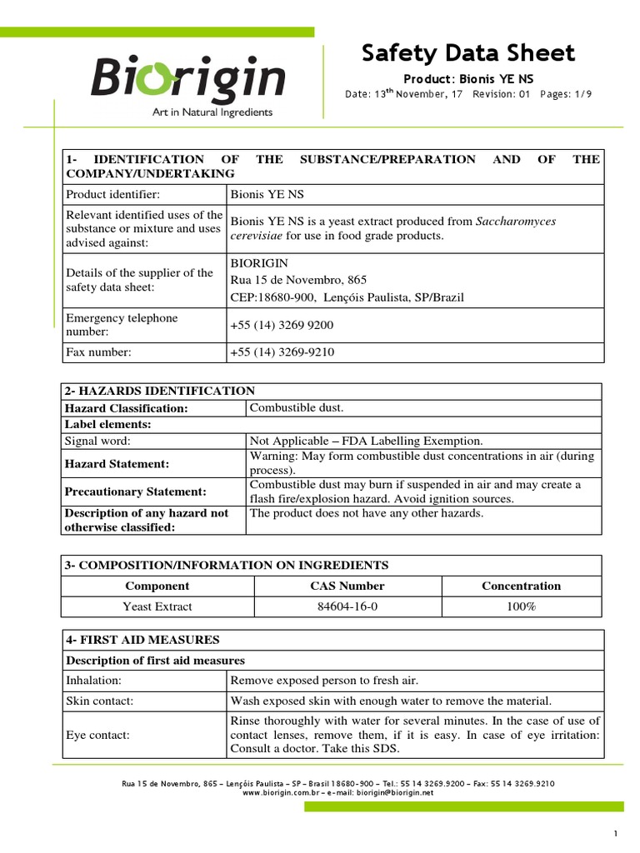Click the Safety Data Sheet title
coord(467,53)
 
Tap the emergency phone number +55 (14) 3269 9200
coord(275,326)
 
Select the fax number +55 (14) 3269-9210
coord(282,352)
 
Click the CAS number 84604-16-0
coord(347,606)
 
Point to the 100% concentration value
coord(521,606)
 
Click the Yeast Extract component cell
coord(157,606)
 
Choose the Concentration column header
coord(521,586)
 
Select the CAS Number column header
coord(347,586)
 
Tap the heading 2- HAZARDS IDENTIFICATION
coord(159,391)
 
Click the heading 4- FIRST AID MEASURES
coord(142,640)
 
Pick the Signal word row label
coord(98,441)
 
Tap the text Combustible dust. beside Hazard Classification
coord(296,407)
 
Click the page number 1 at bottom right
coord(615,835)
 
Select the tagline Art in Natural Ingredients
coord(212,112)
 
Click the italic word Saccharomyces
coord(516,222)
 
